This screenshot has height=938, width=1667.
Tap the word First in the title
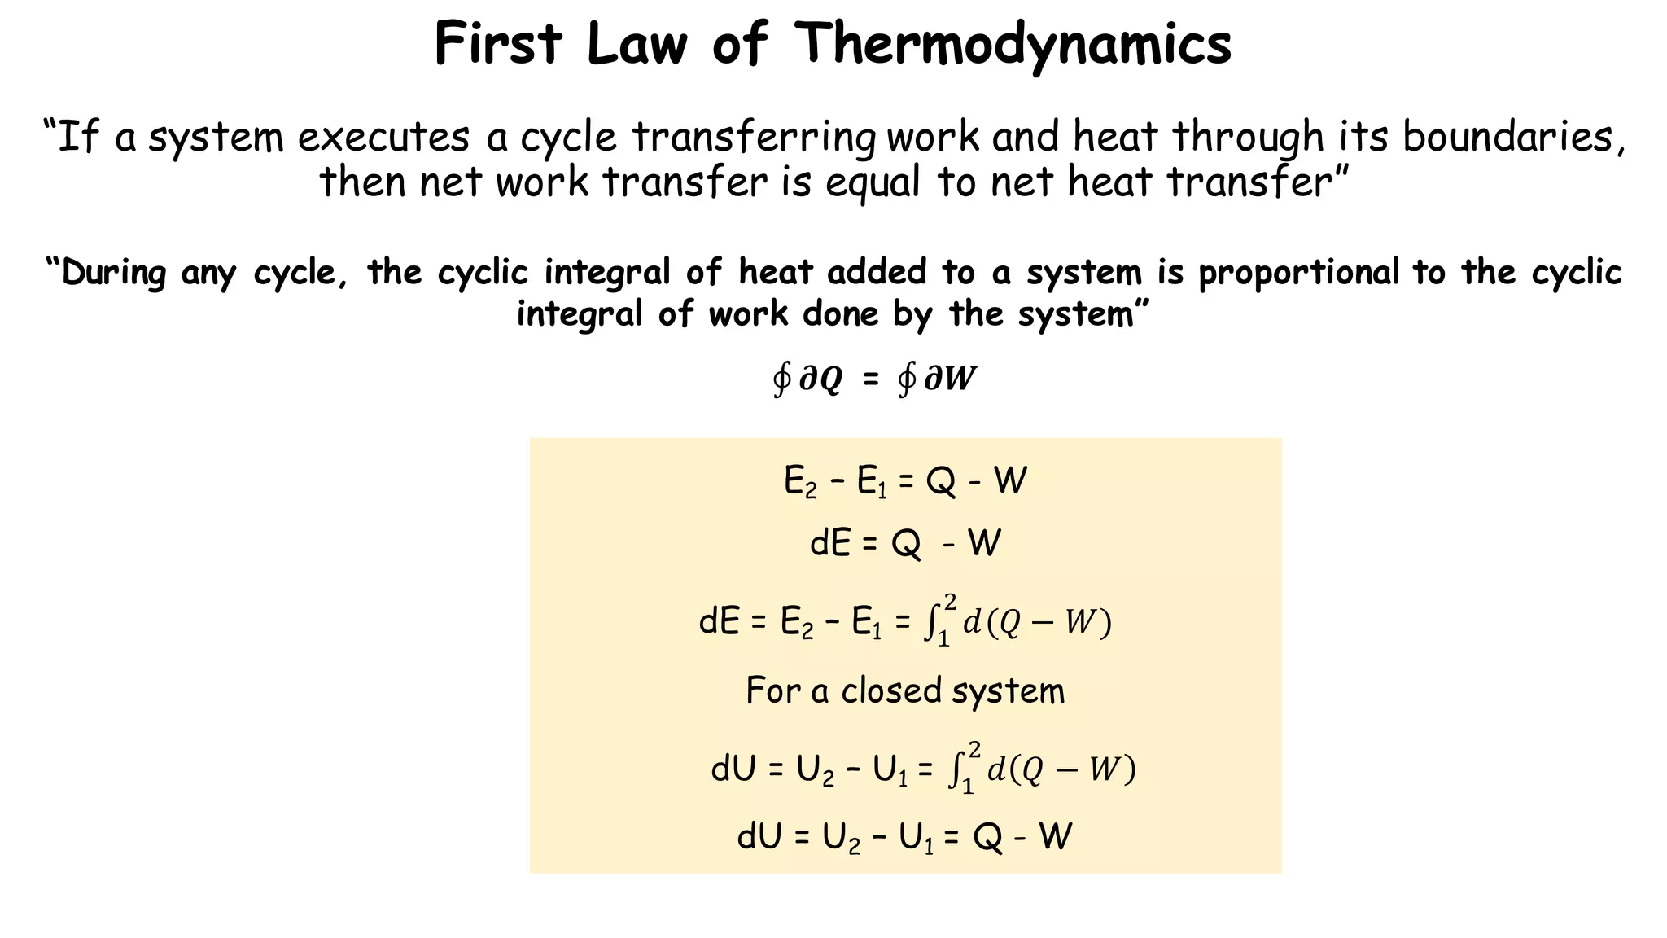click(x=497, y=44)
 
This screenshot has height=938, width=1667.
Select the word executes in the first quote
click(x=383, y=137)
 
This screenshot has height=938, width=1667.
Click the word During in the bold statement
click(x=113, y=273)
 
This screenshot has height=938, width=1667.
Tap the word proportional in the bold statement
click(x=1297, y=273)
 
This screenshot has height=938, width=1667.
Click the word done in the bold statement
click(x=841, y=313)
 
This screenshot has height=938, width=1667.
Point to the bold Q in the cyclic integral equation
click(x=831, y=380)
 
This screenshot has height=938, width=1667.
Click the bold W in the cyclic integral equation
click(x=960, y=379)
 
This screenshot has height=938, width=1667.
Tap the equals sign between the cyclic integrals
click(x=870, y=379)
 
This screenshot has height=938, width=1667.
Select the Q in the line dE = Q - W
click(x=906, y=543)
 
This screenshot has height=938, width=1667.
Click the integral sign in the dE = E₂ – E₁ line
click(x=930, y=623)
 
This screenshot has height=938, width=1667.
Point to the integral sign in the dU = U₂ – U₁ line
click(x=955, y=769)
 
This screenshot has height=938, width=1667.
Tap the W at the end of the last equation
click(x=1056, y=837)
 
